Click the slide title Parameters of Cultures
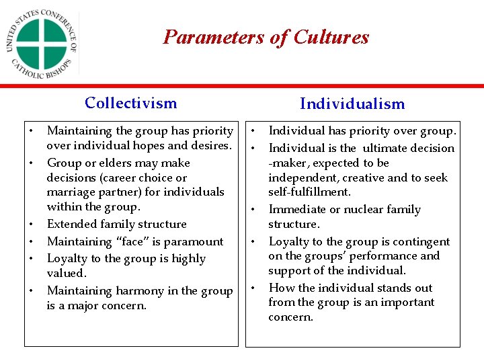(266, 37)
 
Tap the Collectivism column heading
(131, 103)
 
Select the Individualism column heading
(352, 104)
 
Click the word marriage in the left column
(69, 192)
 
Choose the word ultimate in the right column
(382, 148)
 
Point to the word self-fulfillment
(309, 192)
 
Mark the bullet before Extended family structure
(31, 224)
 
